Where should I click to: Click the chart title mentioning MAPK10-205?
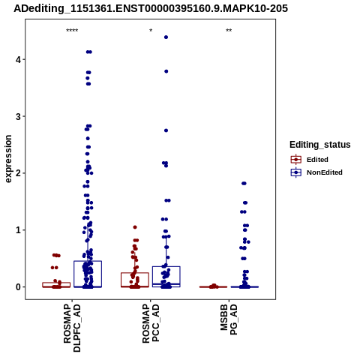tap(151, 8)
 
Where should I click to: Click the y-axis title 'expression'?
tap(8, 159)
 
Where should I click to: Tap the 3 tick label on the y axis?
tap(19, 116)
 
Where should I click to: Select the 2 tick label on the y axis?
tap(19, 173)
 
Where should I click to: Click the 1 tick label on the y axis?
tap(19, 230)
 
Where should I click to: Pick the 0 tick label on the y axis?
tap(19, 287)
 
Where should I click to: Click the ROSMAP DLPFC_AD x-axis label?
tap(72, 328)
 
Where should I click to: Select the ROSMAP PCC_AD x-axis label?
tap(151, 323)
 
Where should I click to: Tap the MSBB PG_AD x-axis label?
tap(229, 319)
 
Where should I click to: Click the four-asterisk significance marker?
tap(72, 31)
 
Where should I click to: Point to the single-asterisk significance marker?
tap(151, 31)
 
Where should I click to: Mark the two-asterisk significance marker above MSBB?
tap(229, 31)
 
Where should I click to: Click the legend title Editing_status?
tap(320, 145)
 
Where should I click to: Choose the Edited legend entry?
tap(310, 160)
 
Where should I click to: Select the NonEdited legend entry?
tap(316, 172)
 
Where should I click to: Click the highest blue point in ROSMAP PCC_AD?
tap(166, 37)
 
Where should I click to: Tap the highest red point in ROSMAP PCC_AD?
tap(135, 227)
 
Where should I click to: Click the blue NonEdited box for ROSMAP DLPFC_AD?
tap(88, 261)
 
